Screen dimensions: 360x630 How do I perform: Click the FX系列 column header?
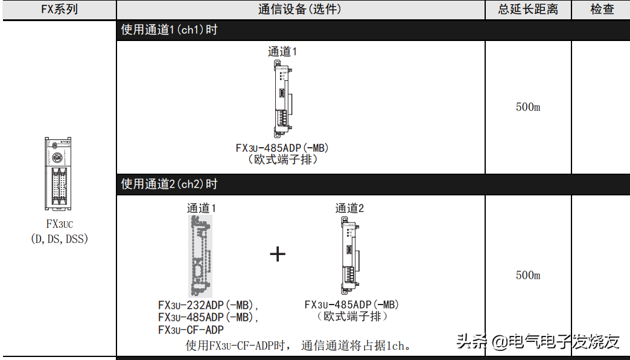59,10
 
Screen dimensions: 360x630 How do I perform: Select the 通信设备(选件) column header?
299,10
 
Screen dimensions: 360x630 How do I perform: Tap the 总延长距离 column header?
528,10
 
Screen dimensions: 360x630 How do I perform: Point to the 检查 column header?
601,10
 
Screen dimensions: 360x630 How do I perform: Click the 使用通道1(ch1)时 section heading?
169,30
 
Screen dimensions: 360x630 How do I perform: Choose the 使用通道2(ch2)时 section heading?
169,185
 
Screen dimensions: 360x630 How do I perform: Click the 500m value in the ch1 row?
528,107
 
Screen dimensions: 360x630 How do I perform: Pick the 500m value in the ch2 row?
528,276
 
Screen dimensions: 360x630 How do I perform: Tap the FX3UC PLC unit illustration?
59,174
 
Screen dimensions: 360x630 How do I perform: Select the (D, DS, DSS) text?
59,239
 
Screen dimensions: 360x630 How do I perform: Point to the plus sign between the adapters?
277,254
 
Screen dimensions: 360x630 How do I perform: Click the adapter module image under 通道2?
350,254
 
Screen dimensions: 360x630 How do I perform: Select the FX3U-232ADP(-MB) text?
208,305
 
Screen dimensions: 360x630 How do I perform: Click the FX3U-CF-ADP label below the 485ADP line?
191,330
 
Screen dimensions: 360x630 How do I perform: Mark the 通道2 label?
350,209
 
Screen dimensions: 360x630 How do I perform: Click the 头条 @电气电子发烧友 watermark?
538,342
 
